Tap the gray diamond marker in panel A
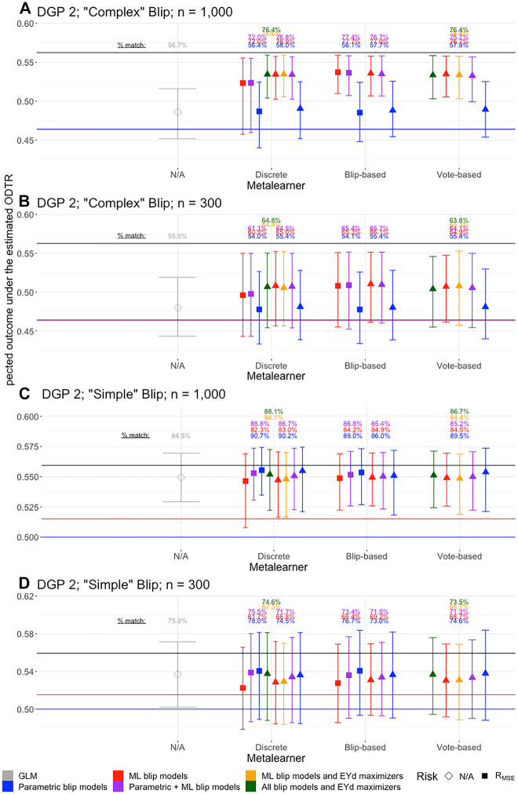pos(177,112)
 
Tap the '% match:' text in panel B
pos(133,235)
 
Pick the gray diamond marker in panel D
pos(177,673)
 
